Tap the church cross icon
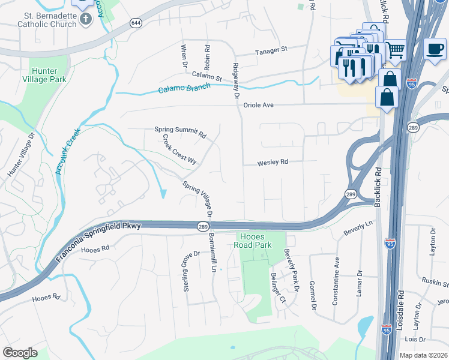(86, 19)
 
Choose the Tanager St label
(272, 49)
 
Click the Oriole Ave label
(259, 105)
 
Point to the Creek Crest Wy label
(180, 149)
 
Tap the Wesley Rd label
(273, 163)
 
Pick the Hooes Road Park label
(256, 241)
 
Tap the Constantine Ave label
(337, 278)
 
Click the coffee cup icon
(435, 49)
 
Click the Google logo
(20, 353)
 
